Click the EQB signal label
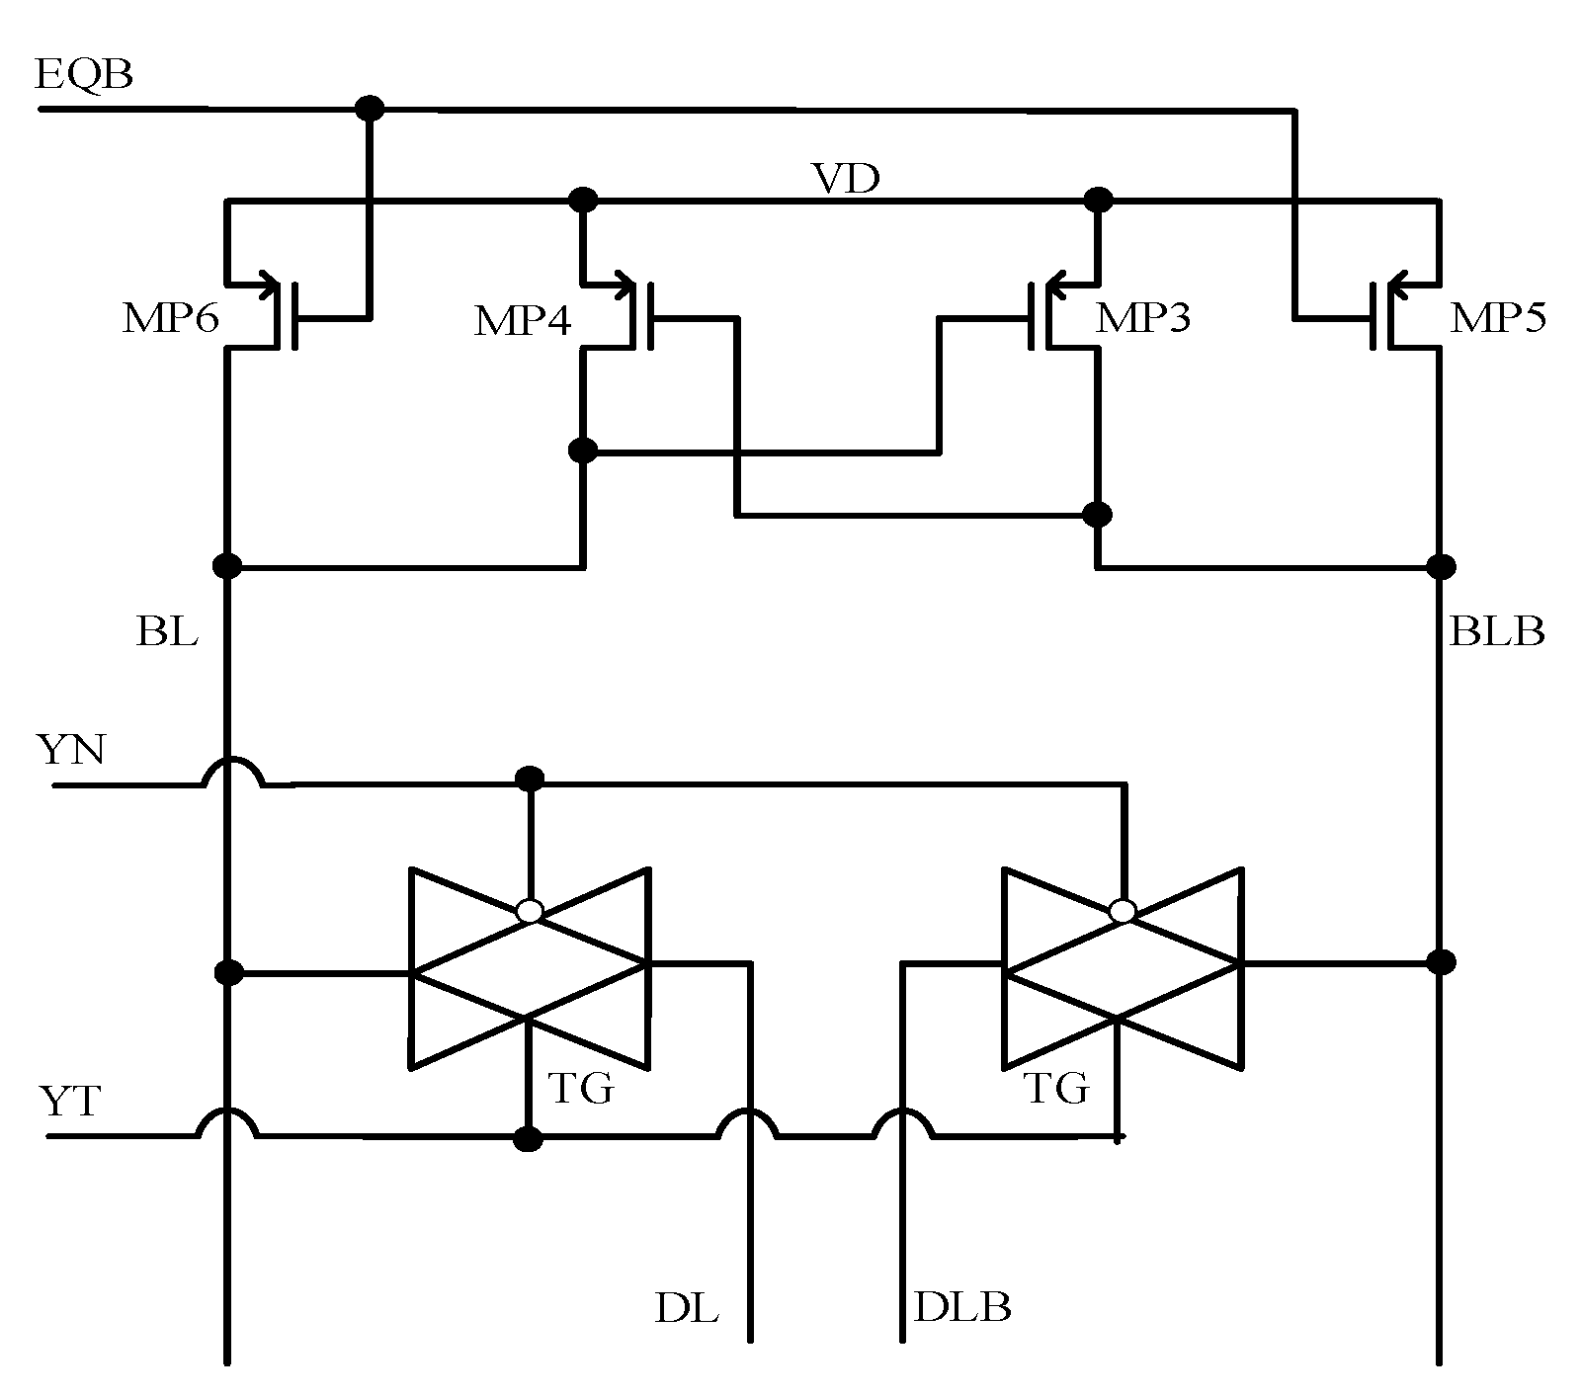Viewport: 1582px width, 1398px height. point(83,75)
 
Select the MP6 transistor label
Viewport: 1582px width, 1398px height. point(170,319)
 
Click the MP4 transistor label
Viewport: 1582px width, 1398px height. point(522,322)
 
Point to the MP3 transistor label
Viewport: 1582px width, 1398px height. point(1143,318)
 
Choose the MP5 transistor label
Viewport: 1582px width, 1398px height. point(1498,318)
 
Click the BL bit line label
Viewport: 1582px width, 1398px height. point(167,631)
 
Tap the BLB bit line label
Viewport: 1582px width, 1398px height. point(1496,631)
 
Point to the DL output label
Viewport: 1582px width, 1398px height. point(686,1307)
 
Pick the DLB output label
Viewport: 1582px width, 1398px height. point(962,1307)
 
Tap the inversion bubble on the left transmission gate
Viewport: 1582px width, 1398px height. point(531,911)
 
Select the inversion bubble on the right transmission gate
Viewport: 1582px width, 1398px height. point(1123,911)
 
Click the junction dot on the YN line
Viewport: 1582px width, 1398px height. point(531,780)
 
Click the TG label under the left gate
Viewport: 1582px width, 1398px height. point(581,1089)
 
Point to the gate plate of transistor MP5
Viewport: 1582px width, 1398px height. point(1374,316)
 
